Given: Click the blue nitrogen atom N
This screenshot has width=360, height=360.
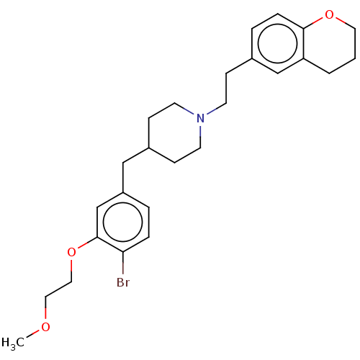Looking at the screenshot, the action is pyautogui.click(x=200, y=118).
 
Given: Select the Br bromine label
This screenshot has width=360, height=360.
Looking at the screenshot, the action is pyautogui.click(x=123, y=282).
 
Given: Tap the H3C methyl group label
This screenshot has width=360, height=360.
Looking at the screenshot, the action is pyautogui.click(x=13, y=343).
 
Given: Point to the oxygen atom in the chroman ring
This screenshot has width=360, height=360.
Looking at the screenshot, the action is pyautogui.click(x=329, y=15).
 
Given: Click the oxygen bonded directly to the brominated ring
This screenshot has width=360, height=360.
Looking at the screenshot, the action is pyautogui.click(x=71, y=252).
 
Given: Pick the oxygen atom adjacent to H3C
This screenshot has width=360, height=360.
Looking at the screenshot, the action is pyautogui.click(x=45, y=327).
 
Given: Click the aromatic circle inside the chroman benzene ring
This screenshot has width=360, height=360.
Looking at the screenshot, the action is pyautogui.click(x=278, y=44).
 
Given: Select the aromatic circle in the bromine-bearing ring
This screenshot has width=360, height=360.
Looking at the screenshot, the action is pyautogui.click(x=123, y=222).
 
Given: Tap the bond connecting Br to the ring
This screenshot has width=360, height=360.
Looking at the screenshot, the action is pyautogui.click(x=123, y=263).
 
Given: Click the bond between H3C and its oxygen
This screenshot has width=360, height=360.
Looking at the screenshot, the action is pyautogui.click(x=33, y=334).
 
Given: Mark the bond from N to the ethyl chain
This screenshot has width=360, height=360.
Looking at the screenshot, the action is pyautogui.click(x=216, y=109).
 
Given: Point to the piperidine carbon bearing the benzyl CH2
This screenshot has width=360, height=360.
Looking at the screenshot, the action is pyautogui.click(x=149, y=148).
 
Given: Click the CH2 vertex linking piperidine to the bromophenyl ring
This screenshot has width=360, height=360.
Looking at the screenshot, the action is pyautogui.click(x=123, y=163).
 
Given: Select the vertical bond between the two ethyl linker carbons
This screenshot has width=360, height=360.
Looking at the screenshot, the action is pyautogui.click(x=226, y=89).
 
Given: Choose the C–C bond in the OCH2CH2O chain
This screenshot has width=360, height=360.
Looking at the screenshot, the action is pyautogui.click(x=58, y=289).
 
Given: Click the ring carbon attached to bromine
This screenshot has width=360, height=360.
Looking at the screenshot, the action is pyautogui.click(x=123, y=252).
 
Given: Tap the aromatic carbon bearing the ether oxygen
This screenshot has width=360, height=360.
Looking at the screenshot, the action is pyautogui.click(x=97, y=238).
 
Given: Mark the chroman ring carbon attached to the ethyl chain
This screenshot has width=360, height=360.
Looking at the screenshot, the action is pyautogui.click(x=252, y=58).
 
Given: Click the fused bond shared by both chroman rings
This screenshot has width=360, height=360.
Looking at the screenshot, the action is pyautogui.click(x=304, y=44).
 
